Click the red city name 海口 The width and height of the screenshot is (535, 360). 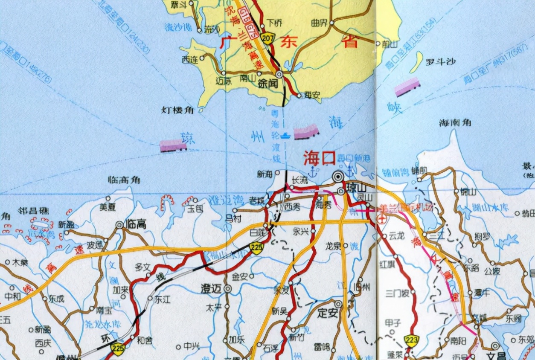click(319, 158)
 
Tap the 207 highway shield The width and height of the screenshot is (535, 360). click(268, 38)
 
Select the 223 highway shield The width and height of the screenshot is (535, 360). click(412, 340)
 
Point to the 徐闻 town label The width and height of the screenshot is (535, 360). click(267, 84)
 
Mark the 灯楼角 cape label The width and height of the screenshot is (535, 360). click(177, 110)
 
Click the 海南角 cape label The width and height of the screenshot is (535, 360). click(455, 123)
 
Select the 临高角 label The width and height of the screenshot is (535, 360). click(124, 180)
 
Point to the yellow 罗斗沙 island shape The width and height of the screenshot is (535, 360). click(416, 62)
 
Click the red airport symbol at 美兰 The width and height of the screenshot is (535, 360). click(382, 219)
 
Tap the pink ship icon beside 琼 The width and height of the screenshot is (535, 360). click(173, 145)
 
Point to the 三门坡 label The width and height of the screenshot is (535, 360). click(397, 293)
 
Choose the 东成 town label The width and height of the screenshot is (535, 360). click(56, 299)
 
